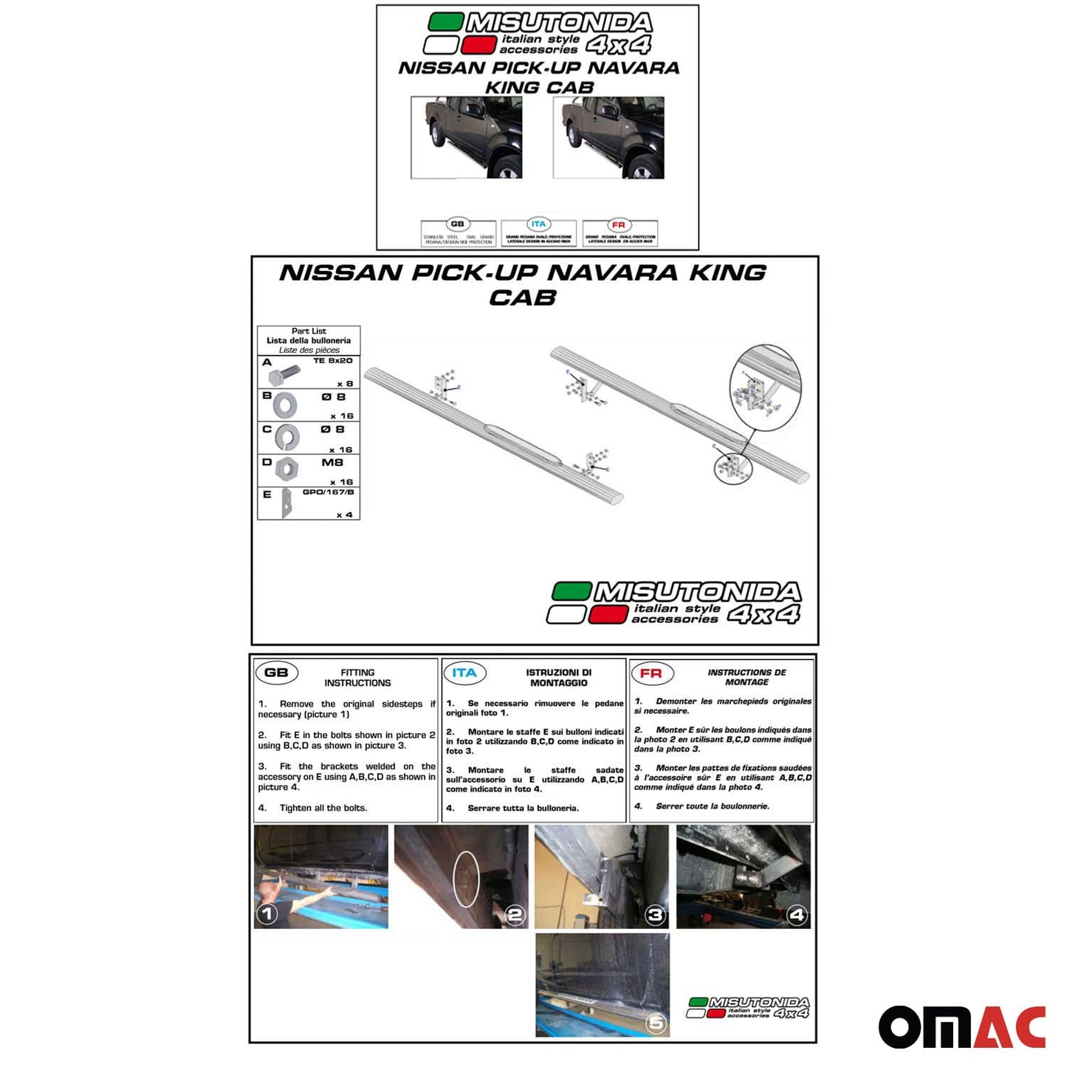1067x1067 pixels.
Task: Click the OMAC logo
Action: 961,1026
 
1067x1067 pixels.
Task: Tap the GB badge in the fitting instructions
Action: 276,673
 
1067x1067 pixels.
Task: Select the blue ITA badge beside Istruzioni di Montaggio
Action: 464,673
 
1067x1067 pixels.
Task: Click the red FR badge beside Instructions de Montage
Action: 651,673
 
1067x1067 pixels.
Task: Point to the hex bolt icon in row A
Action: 281,374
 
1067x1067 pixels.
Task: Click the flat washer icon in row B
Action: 284,405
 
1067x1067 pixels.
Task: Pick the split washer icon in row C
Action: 287,438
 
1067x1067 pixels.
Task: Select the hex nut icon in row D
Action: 287,468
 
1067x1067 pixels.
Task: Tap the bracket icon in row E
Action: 287,504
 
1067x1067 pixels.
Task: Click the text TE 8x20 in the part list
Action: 332,361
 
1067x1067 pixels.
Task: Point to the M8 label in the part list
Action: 332,463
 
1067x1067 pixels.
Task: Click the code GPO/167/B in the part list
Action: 328,493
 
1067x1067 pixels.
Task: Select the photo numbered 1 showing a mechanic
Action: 321,876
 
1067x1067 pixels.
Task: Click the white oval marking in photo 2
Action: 466,878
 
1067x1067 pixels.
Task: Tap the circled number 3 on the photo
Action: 655,916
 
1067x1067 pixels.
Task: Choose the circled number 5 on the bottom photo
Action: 656,1023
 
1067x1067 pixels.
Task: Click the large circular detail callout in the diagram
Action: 765,387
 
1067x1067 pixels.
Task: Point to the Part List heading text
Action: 309,332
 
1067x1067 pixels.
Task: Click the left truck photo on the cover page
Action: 466,137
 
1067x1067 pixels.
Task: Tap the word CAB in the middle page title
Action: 522,298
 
